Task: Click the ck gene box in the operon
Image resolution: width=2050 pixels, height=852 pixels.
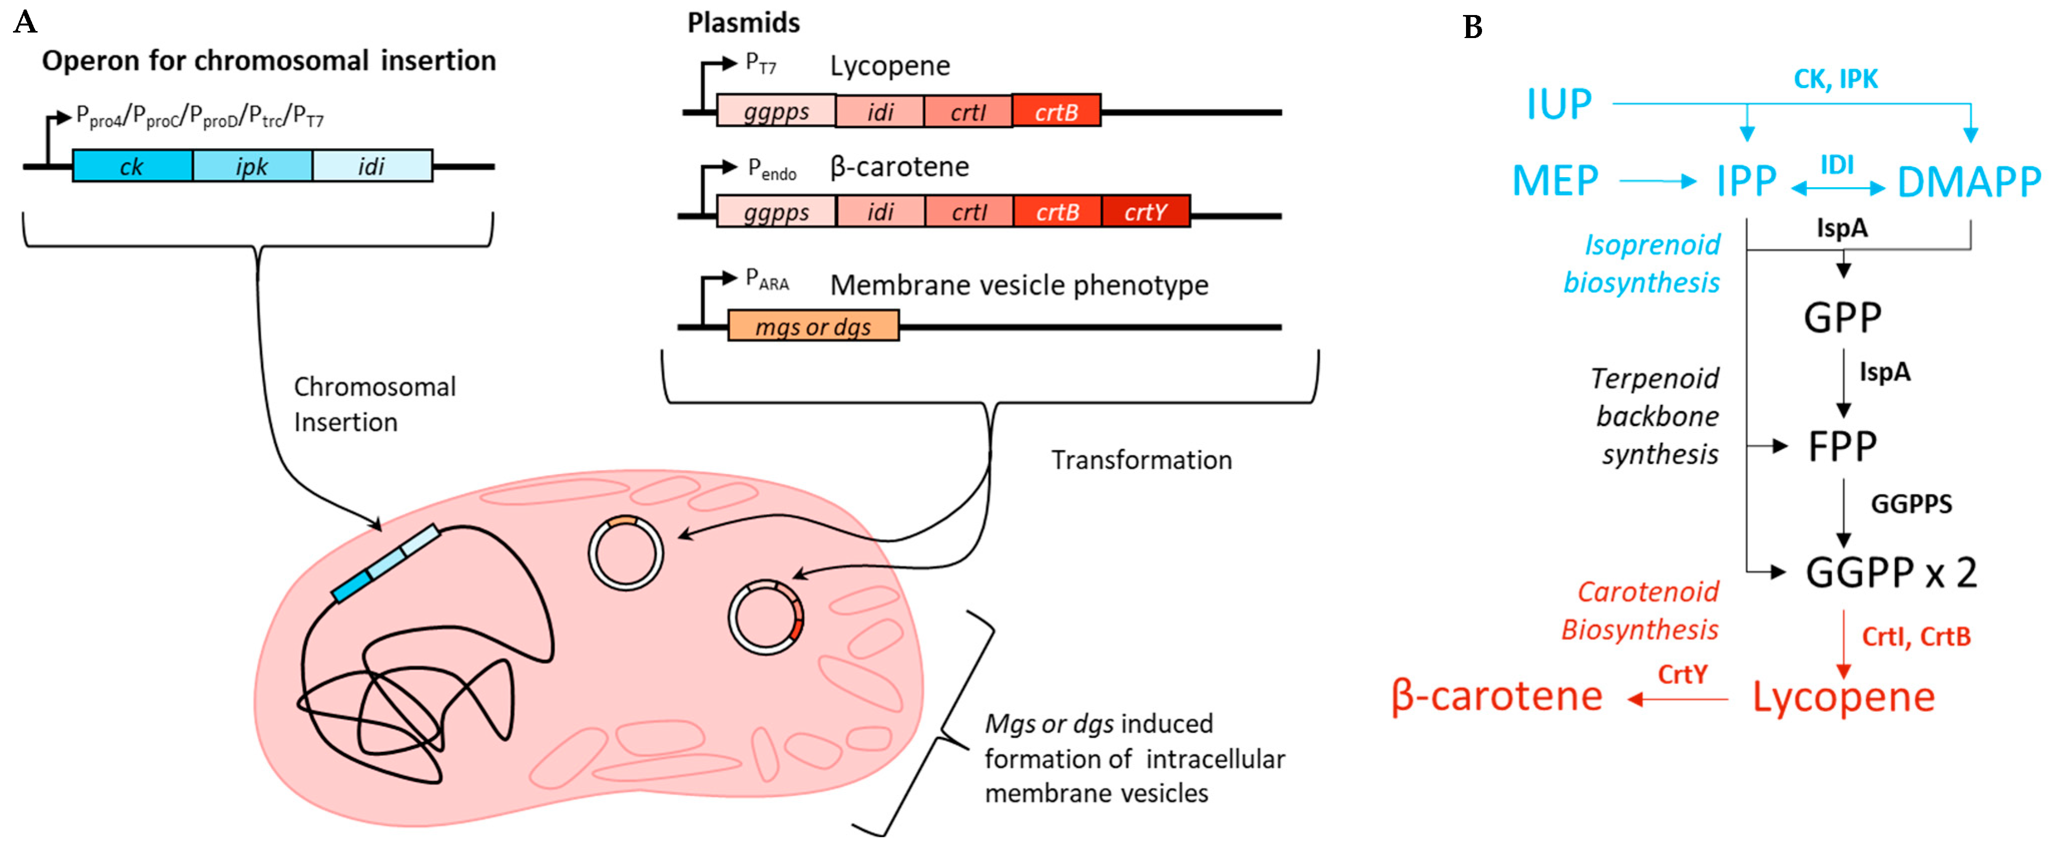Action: pyautogui.click(x=132, y=166)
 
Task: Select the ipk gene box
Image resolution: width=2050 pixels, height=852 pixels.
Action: pyautogui.click(x=252, y=166)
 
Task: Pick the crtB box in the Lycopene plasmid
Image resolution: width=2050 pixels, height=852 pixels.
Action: pyautogui.click(x=1056, y=111)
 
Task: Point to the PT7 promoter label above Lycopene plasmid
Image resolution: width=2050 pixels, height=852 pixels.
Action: pyautogui.click(x=760, y=64)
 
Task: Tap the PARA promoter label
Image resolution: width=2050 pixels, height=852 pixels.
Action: pyautogui.click(x=766, y=279)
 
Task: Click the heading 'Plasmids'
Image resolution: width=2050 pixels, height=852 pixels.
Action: pyautogui.click(x=743, y=23)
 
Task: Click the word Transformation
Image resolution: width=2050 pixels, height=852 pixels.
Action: pyautogui.click(x=1141, y=460)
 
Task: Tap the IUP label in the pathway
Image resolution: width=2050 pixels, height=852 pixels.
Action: pyautogui.click(x=1558, y=104)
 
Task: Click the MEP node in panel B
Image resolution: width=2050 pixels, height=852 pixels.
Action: pyautogui.click(x=1555, y=181)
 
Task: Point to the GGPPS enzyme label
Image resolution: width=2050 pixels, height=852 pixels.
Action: pyautogui.click(x=1911, y=504)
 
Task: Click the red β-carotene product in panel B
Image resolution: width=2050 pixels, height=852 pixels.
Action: pyautogui.click(x=1496, y=697)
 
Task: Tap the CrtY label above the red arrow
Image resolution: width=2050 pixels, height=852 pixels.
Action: pyautogui.click(x=1682, y=674)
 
